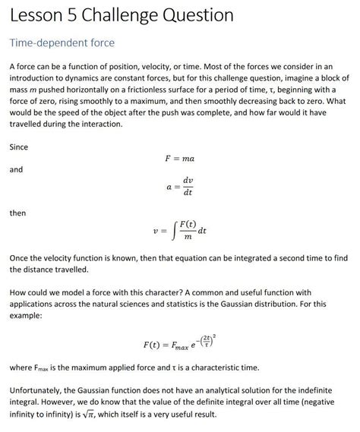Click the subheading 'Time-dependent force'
62,43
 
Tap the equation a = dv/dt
179,187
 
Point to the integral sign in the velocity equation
173,229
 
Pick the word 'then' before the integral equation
17,213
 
